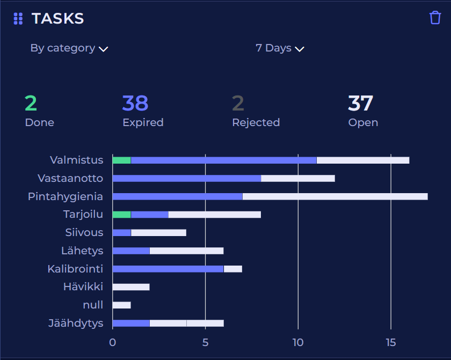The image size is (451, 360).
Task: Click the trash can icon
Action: click(435, 18)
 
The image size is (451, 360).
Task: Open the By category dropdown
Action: click(69, 48)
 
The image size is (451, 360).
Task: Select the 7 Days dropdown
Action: click(280, 48)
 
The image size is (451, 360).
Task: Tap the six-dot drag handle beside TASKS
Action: click(18, 19)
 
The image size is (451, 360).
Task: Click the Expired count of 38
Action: click(135, 103)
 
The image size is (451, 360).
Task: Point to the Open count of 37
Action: click(360, 103)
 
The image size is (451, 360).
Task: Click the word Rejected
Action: click(256, 122)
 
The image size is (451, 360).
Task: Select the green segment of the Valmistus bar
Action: click(121, 160)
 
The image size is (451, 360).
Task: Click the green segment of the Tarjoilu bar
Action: click(121, 215)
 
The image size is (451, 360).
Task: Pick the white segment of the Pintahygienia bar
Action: click(335, 196)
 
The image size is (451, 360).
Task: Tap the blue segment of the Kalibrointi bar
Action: click(168, 269)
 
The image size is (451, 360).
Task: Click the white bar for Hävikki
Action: click(131, 287)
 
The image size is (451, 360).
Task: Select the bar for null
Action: click(121, 305)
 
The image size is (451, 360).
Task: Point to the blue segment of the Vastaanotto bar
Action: click(186, 178)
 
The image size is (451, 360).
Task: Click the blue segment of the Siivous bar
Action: click(121, 233)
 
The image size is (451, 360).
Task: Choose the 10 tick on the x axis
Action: click(298, 342)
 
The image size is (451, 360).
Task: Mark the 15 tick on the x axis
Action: click(391, 342)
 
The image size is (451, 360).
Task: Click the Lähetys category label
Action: click(82, 251)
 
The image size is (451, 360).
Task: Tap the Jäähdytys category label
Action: click(76, 324)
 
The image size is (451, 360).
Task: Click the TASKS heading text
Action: click(57, 19)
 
